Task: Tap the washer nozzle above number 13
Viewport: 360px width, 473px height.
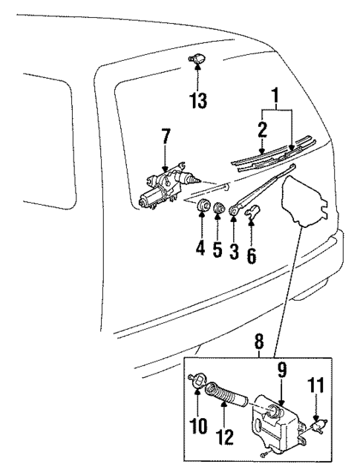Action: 199,57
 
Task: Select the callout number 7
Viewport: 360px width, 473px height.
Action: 166,137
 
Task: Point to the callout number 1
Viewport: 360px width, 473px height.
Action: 276,97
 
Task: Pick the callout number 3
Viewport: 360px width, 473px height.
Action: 234,251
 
